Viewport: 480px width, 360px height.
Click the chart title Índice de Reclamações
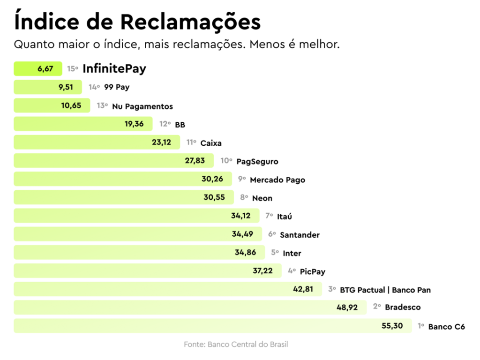click(x=137, y=22)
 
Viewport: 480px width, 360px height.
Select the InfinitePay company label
click(x=114, y=69)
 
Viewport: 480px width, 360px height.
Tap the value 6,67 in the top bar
click(x=45, y=69)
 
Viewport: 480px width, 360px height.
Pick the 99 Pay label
click(x=117, y=87)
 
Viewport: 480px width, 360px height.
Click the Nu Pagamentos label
click(x=142, y=106)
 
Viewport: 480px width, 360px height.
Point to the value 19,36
click(x=134, y=124)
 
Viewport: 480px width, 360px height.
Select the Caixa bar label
click(x=211, y=143)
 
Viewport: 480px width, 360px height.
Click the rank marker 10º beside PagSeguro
click(x=226, y=161)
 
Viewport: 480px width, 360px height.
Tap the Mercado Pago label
click(x=277, y=180)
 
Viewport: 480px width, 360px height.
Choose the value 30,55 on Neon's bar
click(x=214, y=197)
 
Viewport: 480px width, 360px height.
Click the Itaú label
click(x=285, y=216)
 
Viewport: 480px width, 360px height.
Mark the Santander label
click(x=300, y=235)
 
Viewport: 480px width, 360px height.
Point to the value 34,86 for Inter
click(x=246, y=253)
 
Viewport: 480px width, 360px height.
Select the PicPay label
click(x=313, y=271)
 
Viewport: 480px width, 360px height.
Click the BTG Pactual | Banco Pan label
click(x=385, y=290)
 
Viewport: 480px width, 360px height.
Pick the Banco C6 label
click(x=447, y=326)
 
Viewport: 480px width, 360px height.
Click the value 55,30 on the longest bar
click(x=392, y=326)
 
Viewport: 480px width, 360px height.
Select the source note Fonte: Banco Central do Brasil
click(x=236, y=345)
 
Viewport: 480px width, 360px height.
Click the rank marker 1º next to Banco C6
click(x=421, y=326)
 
